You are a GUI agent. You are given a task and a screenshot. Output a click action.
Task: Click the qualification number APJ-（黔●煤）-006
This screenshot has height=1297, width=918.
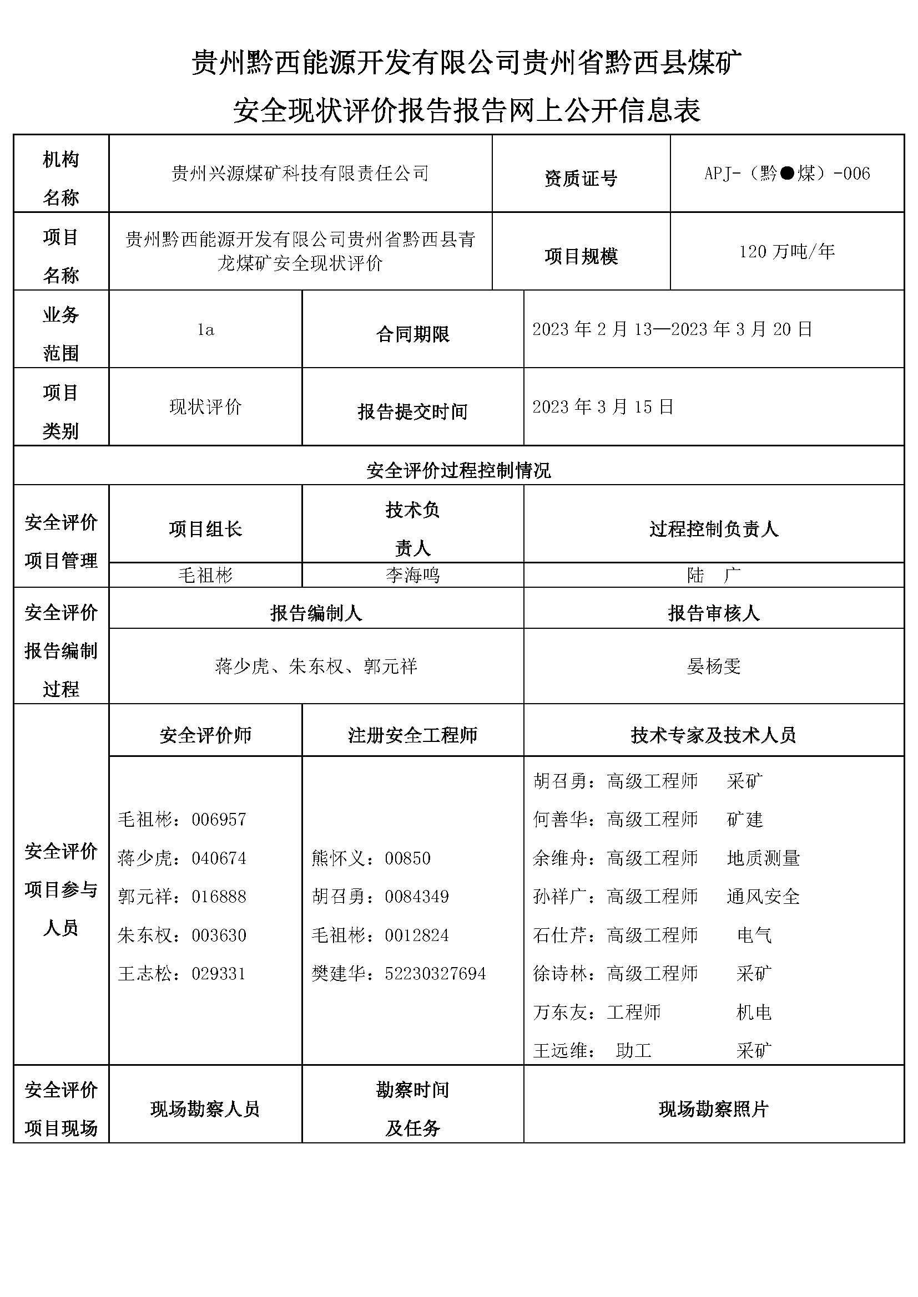787,174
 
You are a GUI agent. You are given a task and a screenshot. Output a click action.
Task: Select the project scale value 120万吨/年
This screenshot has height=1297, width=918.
787,251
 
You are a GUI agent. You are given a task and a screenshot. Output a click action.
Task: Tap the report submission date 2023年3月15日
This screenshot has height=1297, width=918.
603,406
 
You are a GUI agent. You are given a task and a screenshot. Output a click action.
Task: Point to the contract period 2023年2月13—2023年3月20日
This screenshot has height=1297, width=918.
672,329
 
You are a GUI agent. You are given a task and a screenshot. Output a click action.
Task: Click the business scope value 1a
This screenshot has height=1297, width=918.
206,330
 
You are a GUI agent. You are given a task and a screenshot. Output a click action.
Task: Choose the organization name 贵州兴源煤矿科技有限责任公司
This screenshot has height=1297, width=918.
300,174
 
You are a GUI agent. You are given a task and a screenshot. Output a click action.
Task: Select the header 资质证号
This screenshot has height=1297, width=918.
581,179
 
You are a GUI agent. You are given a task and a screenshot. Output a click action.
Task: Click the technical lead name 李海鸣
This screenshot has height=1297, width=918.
412,575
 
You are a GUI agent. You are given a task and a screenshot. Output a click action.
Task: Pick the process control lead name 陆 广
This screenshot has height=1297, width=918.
713,575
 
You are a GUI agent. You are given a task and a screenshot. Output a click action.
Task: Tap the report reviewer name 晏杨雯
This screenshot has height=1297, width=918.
713,667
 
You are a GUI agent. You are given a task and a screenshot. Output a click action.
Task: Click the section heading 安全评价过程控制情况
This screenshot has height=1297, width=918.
458,470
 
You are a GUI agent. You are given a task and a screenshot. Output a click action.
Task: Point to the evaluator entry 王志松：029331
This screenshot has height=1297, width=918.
181,974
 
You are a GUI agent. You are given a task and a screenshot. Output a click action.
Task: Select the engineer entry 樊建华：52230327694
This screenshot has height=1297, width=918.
399,974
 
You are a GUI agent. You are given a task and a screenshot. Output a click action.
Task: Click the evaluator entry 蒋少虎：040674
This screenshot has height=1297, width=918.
181,858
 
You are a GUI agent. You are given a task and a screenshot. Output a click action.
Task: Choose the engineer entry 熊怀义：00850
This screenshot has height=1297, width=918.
371,858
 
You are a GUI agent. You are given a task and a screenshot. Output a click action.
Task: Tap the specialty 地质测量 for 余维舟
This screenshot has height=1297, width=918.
763,858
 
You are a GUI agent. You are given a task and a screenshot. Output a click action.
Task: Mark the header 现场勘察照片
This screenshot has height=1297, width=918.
713,1110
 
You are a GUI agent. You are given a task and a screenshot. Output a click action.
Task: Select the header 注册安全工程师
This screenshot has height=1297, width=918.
412,735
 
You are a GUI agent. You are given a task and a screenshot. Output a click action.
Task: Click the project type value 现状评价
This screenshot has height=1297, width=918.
206,406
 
